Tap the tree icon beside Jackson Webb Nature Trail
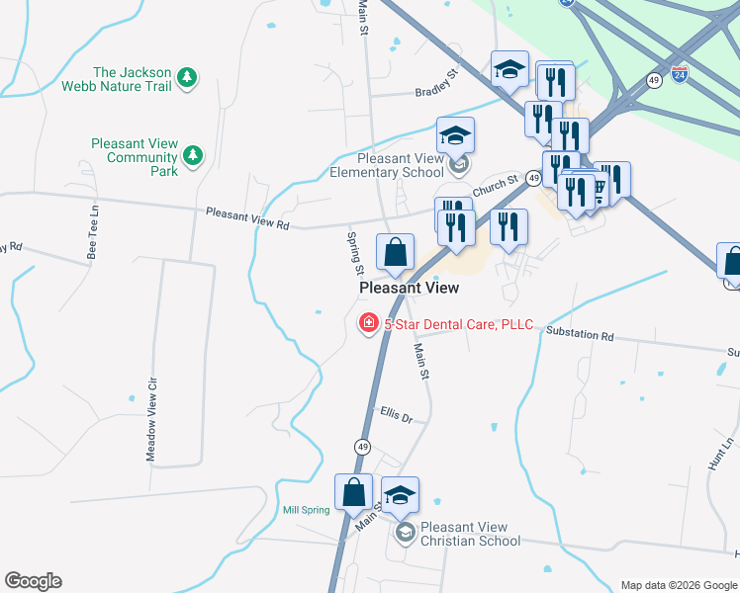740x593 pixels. [x=187, y=77]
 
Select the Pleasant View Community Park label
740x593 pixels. [x=135, y=157]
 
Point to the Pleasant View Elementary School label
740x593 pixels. [x=401, y=165]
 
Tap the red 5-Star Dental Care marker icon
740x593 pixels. [x=368, y=323]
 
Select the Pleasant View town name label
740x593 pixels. [x=409, y=288]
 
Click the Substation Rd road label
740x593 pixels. [x=580, y=335]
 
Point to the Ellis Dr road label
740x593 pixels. [x=396, y=415]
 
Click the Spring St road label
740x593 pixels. [x=353, y=253]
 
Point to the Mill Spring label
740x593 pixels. [x=305, y=510]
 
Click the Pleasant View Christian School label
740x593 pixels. [x=470, y=534]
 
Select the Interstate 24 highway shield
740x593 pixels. [x=679, y=74]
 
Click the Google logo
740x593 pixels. [x=33, y=581]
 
